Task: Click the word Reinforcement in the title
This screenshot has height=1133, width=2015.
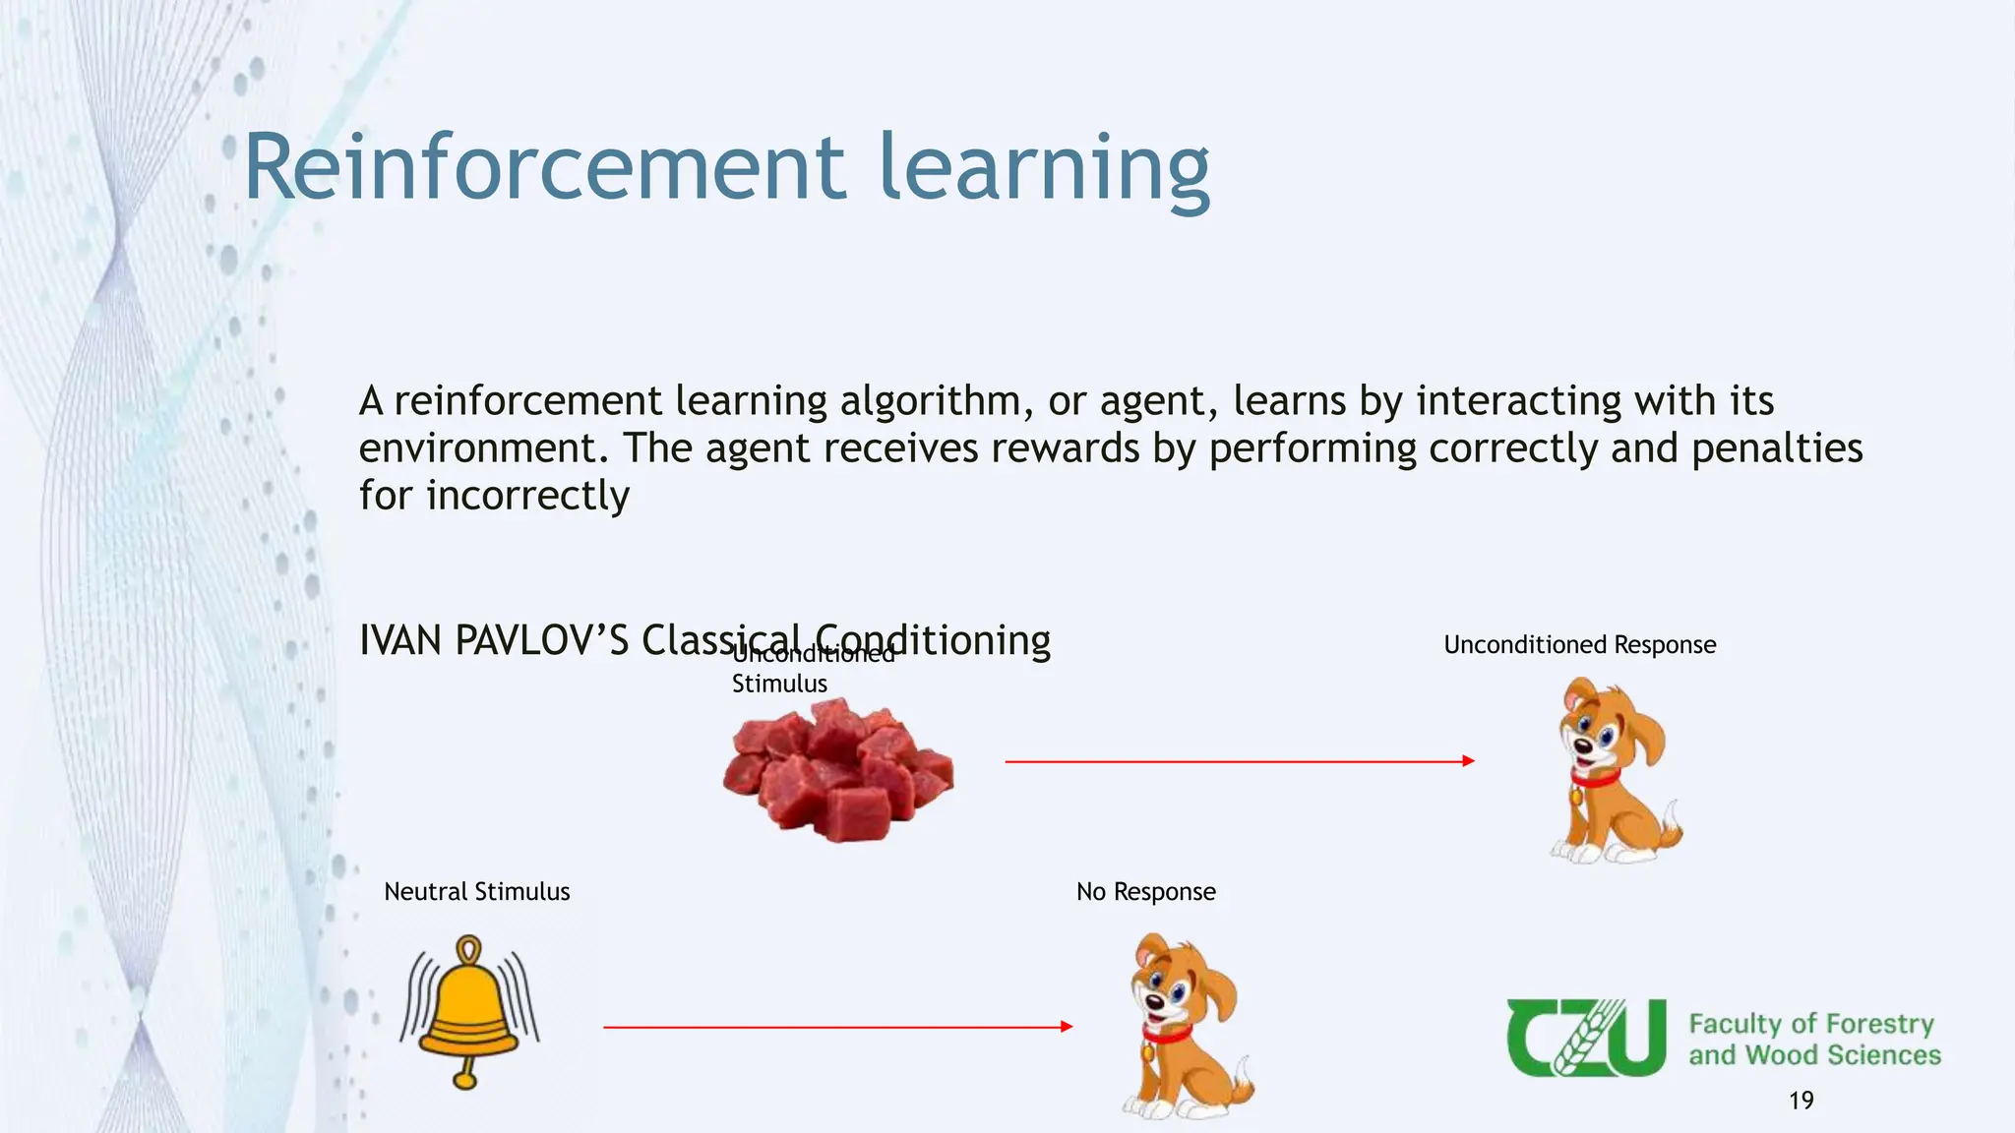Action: pyautogui.click(x=544, y=168)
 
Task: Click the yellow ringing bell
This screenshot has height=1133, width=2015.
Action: pyautogui.click(x=468, y=1008)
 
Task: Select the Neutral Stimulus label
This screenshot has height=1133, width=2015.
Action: pyautogui.click(x=476, y=892)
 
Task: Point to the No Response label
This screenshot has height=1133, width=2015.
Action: pyautogui.click(x=1145, y=892)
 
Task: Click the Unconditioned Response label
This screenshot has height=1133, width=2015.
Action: pyautogui.click(x=1579, y=645)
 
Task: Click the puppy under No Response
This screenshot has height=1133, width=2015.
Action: pyautogui.click(x=1187, y=1028)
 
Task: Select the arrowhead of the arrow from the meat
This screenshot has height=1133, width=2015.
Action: pyautogui.click(x=1468, y=761)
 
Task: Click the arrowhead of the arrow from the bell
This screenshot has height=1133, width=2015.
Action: pyautogui.click(x=1067, y=1027)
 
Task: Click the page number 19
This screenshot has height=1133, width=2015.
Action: pyautogui.click(x=1801, y=1101)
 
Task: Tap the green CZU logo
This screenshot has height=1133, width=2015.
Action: pyautogui.click(x=1585, y=1038)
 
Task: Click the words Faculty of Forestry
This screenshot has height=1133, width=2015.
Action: pyautogui.click(x=1810, y=1024)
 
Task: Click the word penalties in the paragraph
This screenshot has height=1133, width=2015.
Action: pyautogui.click(x=1776, y=448)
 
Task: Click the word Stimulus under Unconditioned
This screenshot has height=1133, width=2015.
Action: pyautogui.click(x=779, y=684)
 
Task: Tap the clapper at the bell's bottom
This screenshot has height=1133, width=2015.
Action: pyautogui.click(x=464, y=1080)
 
